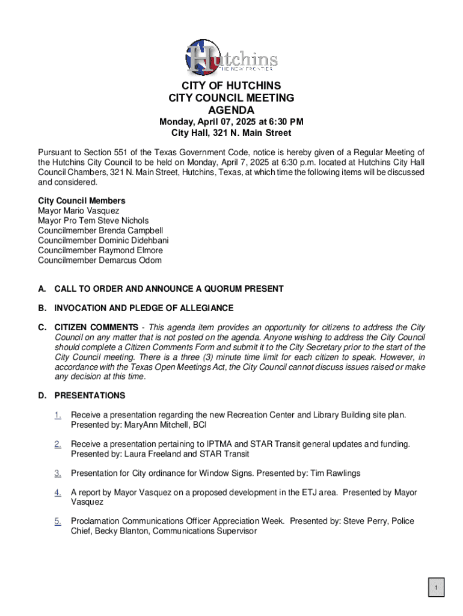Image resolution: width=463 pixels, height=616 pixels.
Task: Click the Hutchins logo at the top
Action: point(231,57)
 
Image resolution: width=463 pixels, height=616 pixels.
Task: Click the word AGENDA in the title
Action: point(231,110)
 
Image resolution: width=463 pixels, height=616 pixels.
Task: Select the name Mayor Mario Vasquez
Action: point(79,211)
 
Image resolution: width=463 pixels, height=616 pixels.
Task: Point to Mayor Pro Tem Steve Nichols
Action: point(93,221)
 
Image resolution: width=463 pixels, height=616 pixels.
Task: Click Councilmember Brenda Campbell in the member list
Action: point(100,230)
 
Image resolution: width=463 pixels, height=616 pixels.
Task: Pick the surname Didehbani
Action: point(147,241)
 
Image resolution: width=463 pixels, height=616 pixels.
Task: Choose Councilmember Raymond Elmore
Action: point(100,250)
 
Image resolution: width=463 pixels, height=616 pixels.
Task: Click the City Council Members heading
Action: point(82,201)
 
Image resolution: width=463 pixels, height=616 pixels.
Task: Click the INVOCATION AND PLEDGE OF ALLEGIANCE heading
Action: point(144,308)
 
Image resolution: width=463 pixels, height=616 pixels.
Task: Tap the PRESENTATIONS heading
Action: point(90,396)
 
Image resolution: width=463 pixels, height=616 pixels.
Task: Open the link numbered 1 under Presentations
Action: point(58,415)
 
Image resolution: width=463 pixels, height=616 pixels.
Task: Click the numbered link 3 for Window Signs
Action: point(58,473)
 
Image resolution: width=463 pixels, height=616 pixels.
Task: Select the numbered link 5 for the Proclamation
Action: point(58,522)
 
